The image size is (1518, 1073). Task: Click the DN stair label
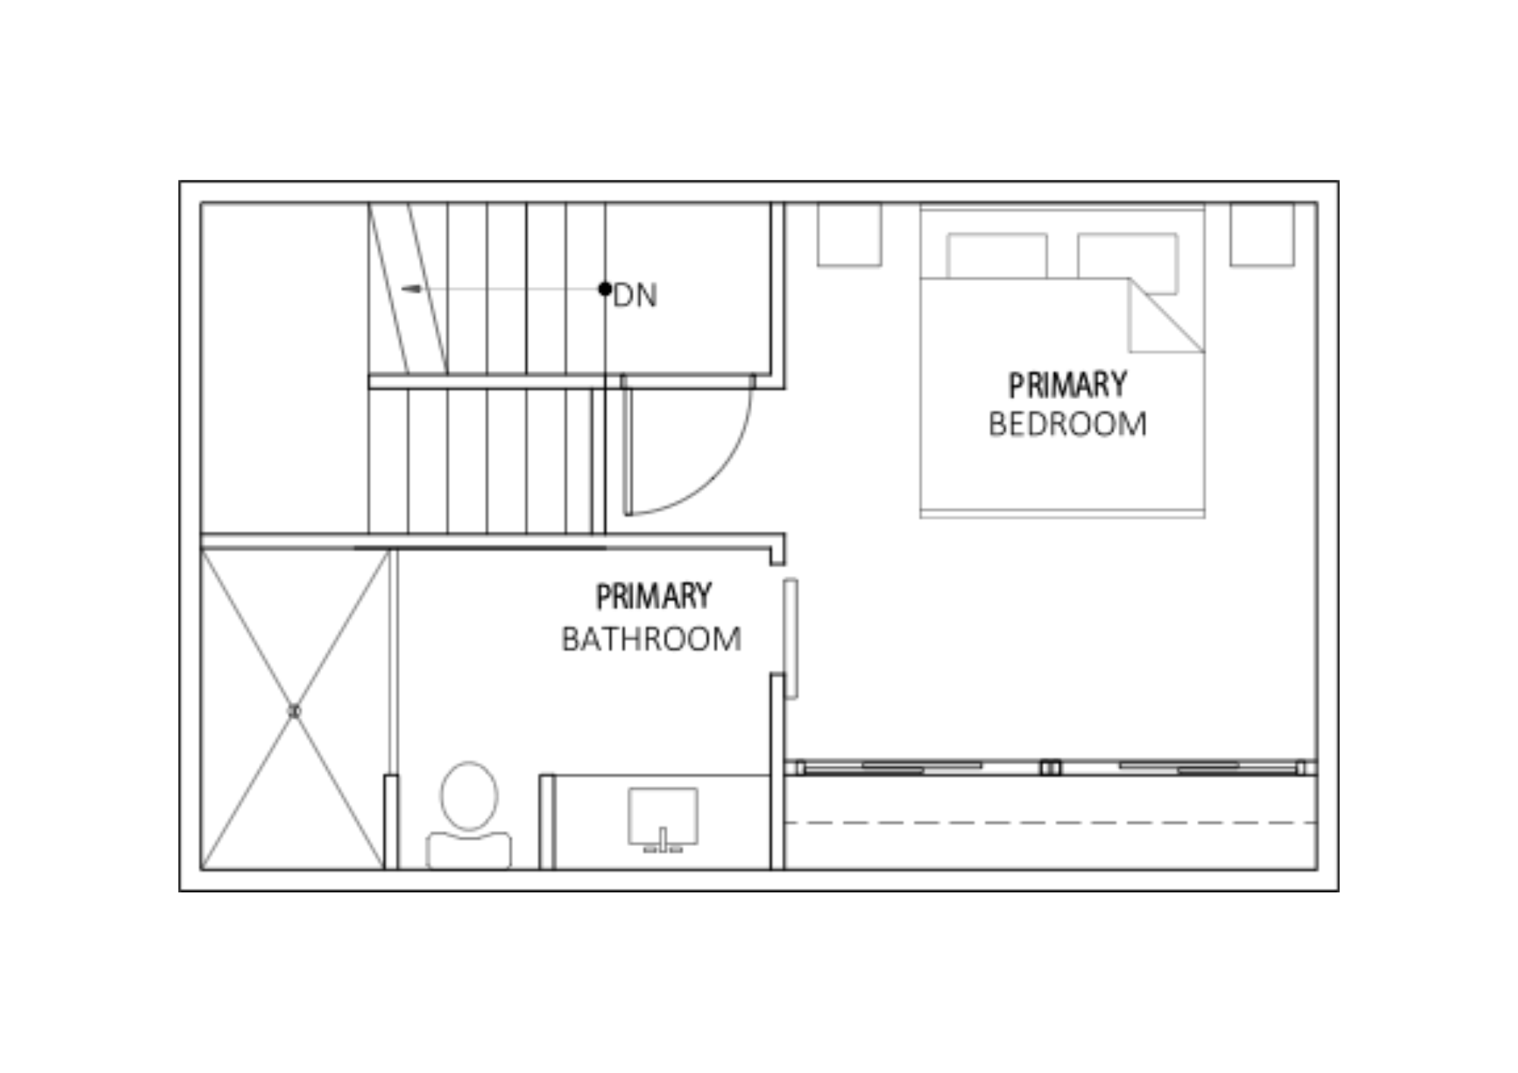(x=635, y=295)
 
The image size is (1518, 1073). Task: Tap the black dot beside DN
(x=605, y=288)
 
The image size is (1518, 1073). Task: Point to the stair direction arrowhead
(x=411, y=288)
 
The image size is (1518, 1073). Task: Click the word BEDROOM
(x=1067, y=424)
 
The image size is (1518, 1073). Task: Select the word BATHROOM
(x=651, y=639)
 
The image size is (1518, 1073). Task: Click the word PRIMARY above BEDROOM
(x=1067, y=385)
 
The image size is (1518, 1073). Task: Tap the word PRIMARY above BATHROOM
(x=653, y=596)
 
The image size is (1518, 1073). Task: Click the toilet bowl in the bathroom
(x=469, y=796)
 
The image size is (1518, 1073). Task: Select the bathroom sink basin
(x=663, y=816)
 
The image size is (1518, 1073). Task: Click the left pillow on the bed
(x=997, y=256)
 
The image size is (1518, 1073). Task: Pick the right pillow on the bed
(x=1128, y=263)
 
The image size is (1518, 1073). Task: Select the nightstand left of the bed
(x=849, y=234)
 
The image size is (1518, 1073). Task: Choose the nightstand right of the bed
(x=1262, y=234)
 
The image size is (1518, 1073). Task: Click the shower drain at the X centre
(x=294, y=711)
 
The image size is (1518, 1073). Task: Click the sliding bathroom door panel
(x=791, y=638)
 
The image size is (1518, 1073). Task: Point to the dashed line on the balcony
(x=1050, y=823)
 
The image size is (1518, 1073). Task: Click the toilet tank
(x=468, y=850)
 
